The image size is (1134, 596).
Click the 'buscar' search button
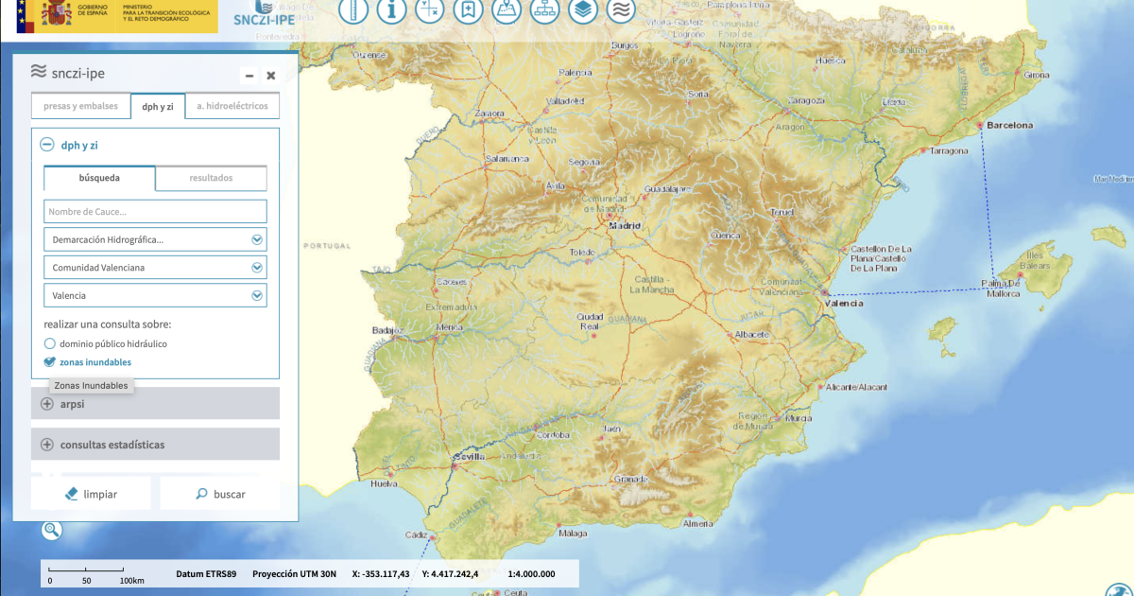(x=219, y=494)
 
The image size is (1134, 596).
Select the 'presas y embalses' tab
(x=80, y=106)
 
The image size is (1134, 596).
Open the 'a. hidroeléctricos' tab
(x=232, y=106)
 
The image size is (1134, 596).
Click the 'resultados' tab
(x=211, y=178)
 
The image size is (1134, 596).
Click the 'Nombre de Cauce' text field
(x=155, y=211)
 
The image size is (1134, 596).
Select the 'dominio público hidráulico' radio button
(x=50, y=343)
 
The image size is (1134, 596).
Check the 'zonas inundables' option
(x=50, y=361)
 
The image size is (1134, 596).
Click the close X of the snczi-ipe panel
(x=271, y=76)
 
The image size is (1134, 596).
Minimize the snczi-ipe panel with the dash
(x=249, y=76)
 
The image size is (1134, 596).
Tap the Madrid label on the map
(x=624, y=226)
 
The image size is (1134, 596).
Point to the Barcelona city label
(x=1009, y=125)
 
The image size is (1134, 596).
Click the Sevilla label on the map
(x=469, y=457)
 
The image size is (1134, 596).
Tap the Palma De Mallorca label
(x=1001, y=289)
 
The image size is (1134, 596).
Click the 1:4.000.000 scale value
(x=531, y=573)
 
